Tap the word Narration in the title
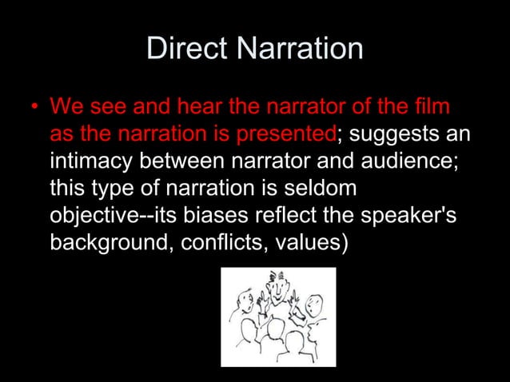[300, 50]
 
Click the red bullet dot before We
[34, 107]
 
